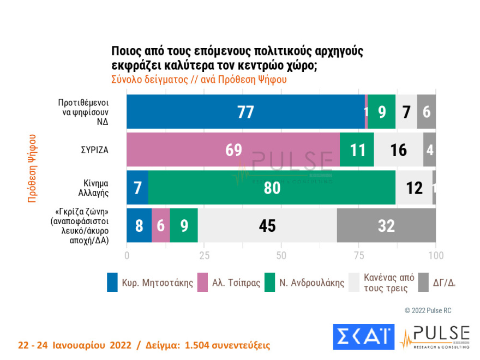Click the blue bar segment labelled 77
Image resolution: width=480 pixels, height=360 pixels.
point(245,112)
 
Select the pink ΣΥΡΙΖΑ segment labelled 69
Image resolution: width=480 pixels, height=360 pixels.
point(233,149)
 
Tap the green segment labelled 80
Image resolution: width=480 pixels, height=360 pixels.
point(272,188)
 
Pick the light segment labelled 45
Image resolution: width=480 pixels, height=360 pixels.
point(267,225)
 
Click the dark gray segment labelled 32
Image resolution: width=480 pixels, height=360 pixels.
point(386,225)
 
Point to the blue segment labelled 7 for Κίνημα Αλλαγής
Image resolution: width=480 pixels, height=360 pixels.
point(137,188)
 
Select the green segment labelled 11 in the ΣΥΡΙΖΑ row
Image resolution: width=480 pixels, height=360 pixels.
point(357,149)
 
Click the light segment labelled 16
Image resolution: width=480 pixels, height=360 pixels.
point(399,149)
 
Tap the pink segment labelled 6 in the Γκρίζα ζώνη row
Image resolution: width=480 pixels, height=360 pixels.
point(161,225)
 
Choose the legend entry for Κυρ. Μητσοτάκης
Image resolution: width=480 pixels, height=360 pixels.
point(151,283)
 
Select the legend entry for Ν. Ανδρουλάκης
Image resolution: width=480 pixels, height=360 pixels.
point(305,283)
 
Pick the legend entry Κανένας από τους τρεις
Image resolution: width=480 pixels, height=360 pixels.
point(376,283)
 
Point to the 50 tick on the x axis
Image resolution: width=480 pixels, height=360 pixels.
point(281,255)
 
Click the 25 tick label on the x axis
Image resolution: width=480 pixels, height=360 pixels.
point(204,255)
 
